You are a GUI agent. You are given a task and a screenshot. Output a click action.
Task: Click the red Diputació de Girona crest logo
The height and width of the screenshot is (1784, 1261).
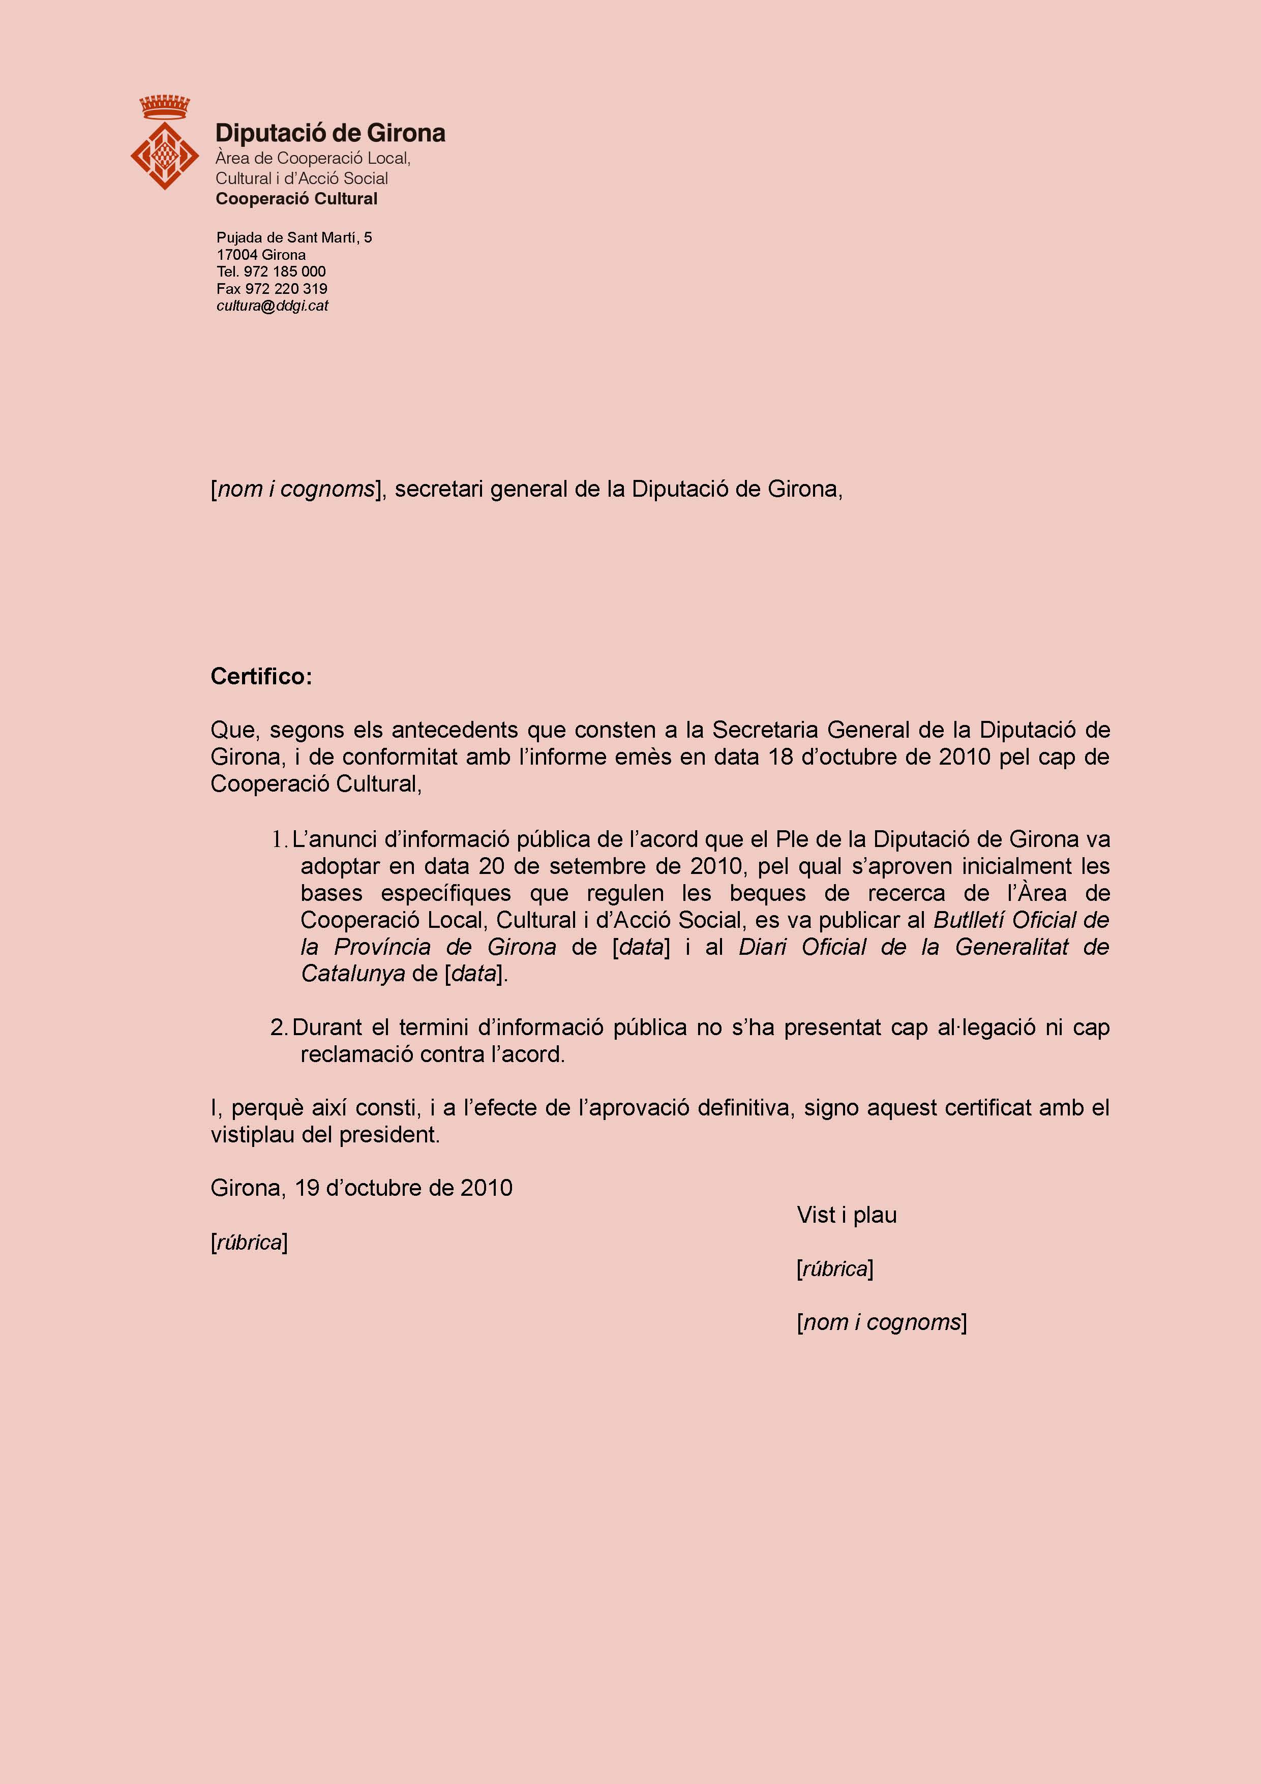click(x=164, y=144)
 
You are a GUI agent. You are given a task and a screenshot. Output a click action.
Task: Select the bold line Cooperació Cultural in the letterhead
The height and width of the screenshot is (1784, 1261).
click(x=296, y=199)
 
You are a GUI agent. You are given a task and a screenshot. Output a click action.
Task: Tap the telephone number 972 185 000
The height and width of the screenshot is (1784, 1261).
click(x=284, y=271)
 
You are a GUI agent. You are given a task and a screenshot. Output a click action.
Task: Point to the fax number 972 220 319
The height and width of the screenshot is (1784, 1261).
click(x=286, y=288)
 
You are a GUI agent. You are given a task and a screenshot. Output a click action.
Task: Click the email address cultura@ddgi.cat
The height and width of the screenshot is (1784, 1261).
click(x=272, y=306)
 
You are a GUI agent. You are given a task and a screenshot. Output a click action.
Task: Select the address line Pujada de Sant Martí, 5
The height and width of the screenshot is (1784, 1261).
click(x=294, y=237)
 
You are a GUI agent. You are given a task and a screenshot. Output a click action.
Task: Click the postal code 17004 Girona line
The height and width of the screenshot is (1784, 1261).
click(x=261, y=255)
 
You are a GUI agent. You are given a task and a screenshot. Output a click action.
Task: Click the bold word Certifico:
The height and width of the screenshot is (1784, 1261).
click(x=261, y=676)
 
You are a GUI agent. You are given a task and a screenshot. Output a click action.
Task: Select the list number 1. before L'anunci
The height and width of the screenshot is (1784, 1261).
click(x=280, y=839)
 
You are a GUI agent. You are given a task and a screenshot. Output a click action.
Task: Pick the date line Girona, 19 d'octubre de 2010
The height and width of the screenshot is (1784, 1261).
click(x=362, y=1188)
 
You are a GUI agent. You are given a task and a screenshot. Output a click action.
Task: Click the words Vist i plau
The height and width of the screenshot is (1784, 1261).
click(x=846, y=1215)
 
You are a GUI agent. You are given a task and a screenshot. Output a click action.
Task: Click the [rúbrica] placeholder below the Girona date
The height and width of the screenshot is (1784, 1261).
click(x=249, y=1243)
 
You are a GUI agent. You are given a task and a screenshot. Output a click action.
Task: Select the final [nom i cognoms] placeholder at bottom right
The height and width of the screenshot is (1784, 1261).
click(x=881, y=1322)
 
